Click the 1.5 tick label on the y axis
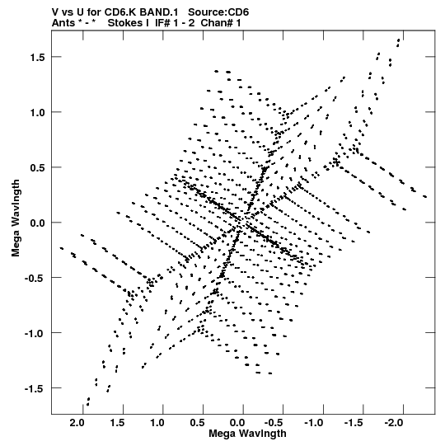point(38,58)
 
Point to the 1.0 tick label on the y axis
point(38,113)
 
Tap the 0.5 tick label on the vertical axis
point(38,168)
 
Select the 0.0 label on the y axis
point(38,223)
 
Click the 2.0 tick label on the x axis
point(77,423)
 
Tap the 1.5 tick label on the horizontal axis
point(117,423)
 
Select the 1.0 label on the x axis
point(157,423)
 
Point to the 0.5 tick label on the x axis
point(197,423)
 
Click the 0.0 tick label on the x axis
point(237,423)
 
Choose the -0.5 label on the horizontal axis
point(274,423)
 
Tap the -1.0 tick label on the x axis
point(314,423)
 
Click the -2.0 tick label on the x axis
point(394,423)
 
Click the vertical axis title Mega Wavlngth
point(16,218)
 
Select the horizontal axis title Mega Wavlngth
point(247,434)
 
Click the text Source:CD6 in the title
point(218,12)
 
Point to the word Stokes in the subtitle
point(129,23)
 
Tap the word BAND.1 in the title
point(159,12)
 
